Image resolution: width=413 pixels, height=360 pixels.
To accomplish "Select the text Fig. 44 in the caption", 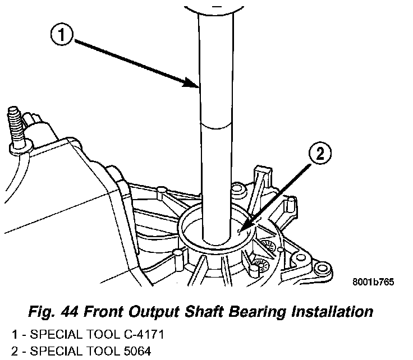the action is pyautogui.click(x=51, y=311).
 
